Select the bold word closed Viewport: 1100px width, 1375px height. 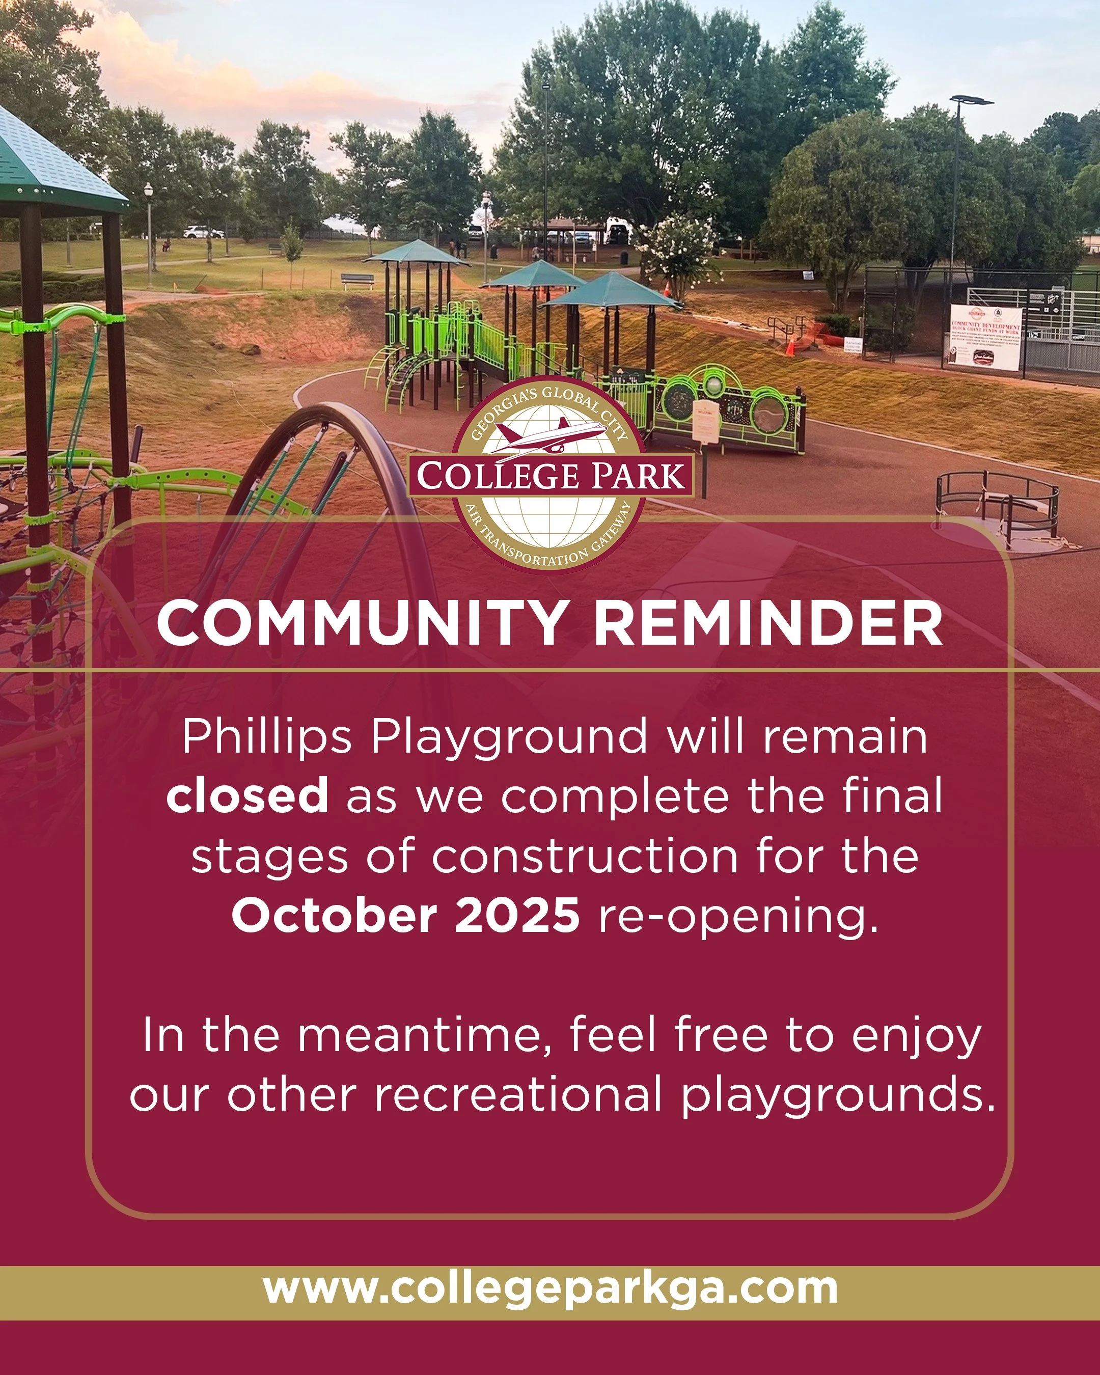(x=248, y=795)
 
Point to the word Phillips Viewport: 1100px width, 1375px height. (x=266, y=736)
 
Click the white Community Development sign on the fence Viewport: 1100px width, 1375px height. (x=985, y=336)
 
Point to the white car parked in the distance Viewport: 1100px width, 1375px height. (x=203, y=232)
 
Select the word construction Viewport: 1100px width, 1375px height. (x=585, y=856)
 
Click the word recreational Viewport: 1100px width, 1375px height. (x=517, y=1095)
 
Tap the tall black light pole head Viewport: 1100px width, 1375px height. (x=971, y=100)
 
